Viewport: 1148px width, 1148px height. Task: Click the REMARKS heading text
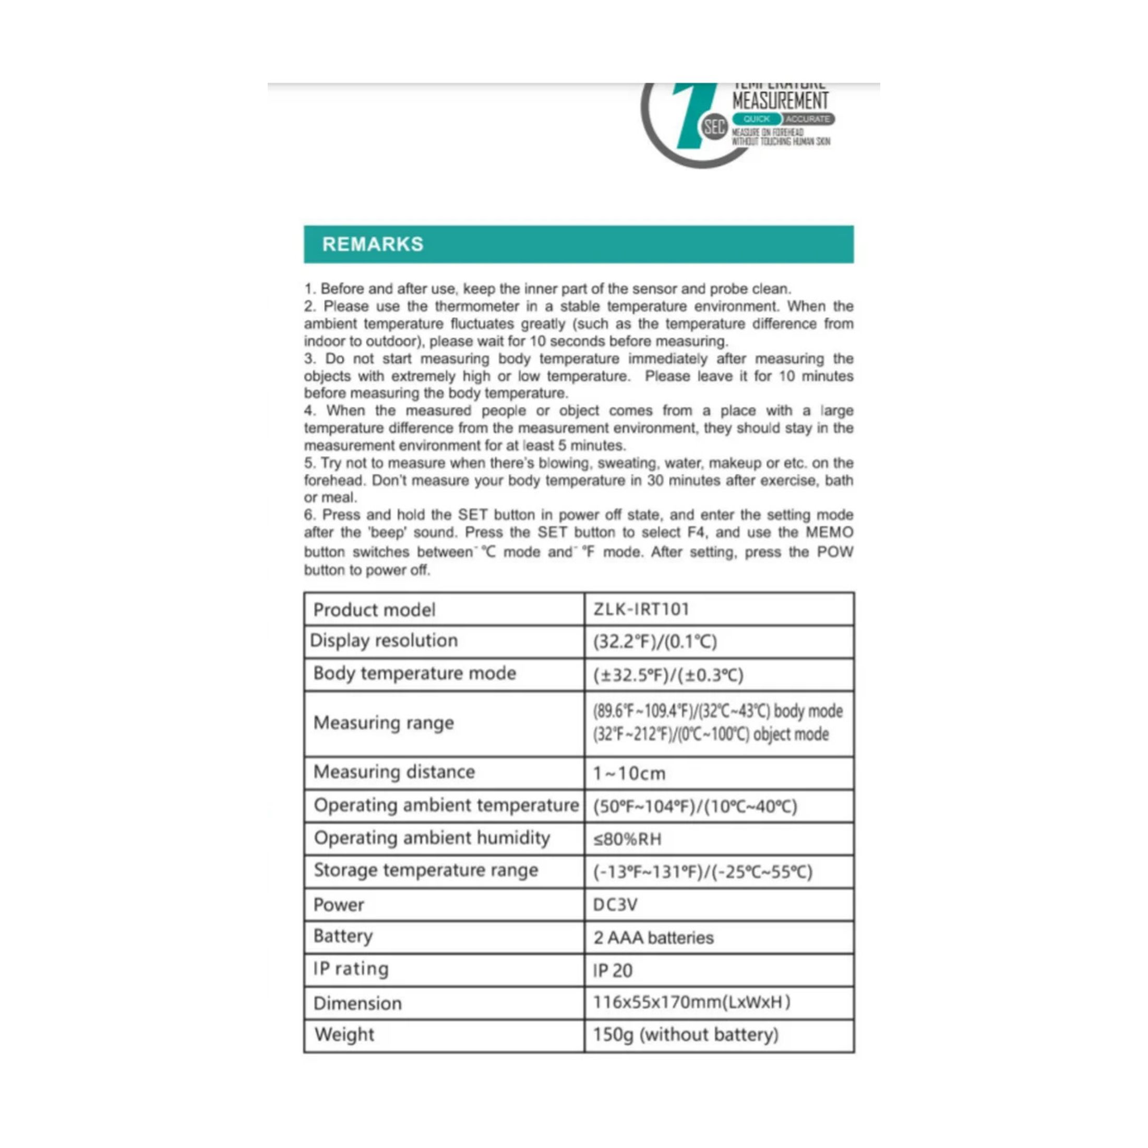coord(373,244)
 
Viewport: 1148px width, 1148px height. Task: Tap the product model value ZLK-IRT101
coord(641,609)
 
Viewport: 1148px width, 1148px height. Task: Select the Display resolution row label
coord(384,641)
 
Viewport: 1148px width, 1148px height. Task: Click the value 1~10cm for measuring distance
coord(629,773)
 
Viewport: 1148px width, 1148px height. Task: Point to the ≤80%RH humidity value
coord(627,839)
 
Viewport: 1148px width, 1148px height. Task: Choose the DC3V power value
coord(615,904)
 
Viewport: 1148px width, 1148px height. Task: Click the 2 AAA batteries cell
coord(653,938)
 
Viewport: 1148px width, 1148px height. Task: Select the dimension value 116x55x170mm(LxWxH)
coord(691,1002)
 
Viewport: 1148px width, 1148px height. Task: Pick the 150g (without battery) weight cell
coord(686,1035)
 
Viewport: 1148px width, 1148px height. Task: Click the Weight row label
coord(344,1035)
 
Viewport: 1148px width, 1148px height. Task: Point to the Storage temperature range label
coord(425,870)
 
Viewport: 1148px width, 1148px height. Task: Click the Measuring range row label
coord(383,723)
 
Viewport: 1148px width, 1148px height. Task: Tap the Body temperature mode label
coord(414,673)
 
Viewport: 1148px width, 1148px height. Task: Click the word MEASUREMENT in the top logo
coord(780,100)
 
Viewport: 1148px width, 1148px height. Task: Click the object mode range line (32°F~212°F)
coord(710,734)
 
